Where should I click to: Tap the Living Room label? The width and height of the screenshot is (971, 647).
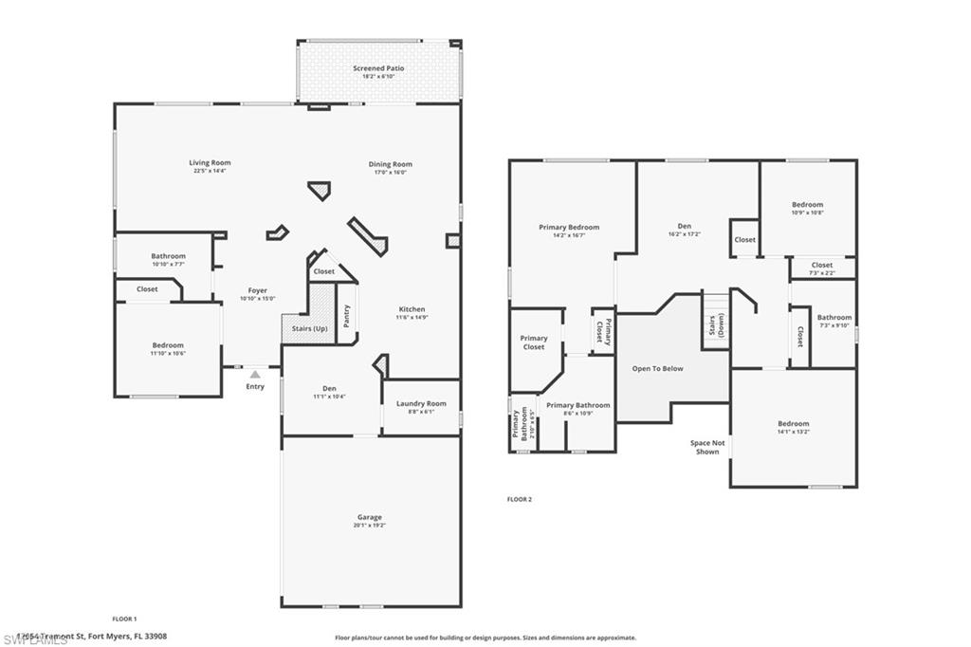tap(210, 163)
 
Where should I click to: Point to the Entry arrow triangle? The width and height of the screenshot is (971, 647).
tap(254, 375)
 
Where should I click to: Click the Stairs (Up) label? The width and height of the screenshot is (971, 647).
tap(308, 328)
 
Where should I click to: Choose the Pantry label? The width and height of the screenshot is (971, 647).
tap(347, 316)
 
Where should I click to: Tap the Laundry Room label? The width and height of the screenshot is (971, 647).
tap(421, 403)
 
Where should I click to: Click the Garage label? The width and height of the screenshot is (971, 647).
tap(370, 517)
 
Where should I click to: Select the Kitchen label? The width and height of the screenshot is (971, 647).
tap(412, 309)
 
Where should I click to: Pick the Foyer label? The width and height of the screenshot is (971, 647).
tap(257, 290)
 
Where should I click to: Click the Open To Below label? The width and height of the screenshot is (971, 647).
tap(658, 368)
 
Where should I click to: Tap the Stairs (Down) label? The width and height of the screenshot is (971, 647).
tap(716, 325)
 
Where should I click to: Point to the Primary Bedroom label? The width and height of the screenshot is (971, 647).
tap(569, 228)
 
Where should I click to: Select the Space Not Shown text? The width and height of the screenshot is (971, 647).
tap(706, 447)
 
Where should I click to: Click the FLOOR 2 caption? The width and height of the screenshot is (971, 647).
tap(520, 499)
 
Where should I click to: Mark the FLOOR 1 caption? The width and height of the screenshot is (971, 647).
tap(125, 619)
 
